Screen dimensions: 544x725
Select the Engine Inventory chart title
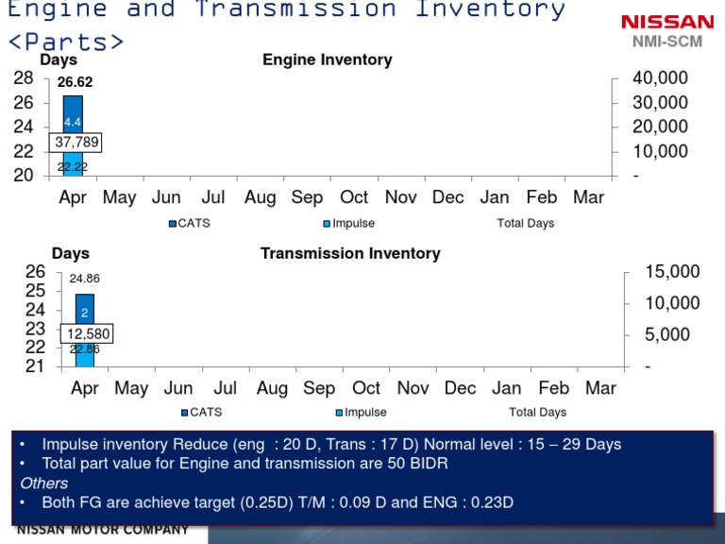(327, 60)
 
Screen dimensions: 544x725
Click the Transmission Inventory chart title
(350, 253)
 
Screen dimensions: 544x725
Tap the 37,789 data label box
(77, 143)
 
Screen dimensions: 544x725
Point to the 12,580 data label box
(88, 333)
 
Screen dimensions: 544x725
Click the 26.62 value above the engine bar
(75, 82)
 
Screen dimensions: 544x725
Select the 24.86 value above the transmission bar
(84, 279)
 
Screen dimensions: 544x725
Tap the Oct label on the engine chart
(354, 197)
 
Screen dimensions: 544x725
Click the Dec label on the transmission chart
(460, 388)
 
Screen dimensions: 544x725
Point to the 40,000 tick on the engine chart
(661, 78)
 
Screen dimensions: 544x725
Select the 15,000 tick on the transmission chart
(672, 272)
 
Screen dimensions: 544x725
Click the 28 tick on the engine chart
(24, 78)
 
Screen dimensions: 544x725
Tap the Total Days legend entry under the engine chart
(526, 224)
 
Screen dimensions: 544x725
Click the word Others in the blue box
(44, 483)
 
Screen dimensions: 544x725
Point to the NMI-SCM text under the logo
(666, 42)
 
